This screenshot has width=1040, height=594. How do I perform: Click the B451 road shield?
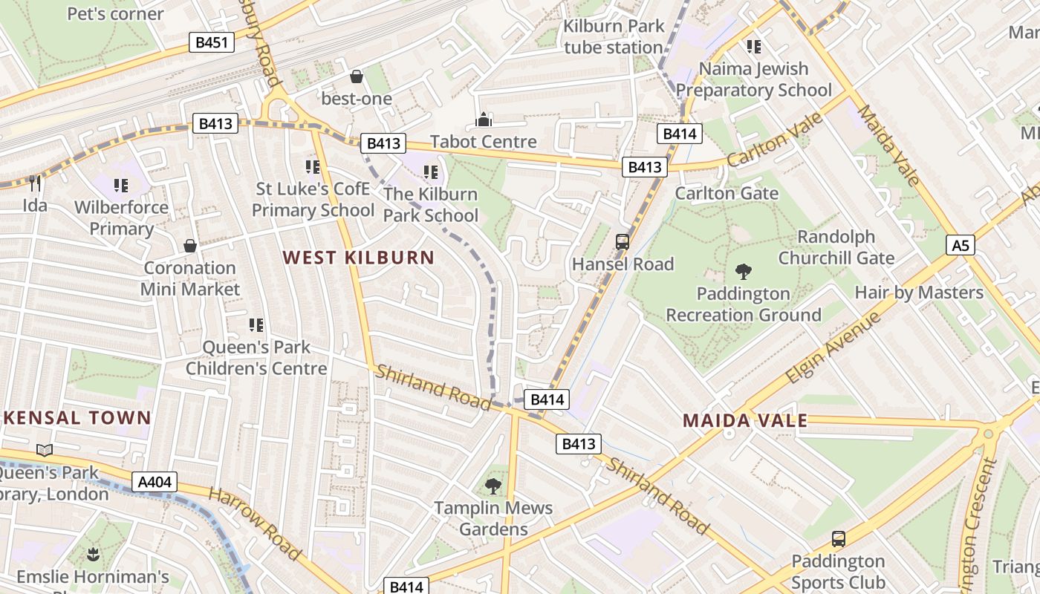[211, 42]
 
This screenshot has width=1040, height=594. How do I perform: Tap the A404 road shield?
[155, 482]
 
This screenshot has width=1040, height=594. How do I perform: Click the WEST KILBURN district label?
[359, 258]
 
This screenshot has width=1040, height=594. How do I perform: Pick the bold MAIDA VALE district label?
[744, 421]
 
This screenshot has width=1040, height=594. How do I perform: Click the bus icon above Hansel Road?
[623, 241]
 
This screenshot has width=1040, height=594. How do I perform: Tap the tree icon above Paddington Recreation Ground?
[742, 272]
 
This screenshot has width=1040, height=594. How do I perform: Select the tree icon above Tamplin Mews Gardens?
[493, 486]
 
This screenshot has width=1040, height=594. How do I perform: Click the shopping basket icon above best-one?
[357, 76]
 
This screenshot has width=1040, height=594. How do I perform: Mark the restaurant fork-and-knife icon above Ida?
[34, 182]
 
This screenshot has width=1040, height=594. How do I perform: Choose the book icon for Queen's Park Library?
[45, 450]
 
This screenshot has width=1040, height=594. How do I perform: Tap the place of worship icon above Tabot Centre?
[484, 119]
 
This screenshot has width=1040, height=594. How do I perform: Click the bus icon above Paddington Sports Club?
[838, 539]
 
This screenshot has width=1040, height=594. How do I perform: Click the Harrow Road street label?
[255, 524]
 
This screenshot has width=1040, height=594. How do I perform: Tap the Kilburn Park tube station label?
[614, 36]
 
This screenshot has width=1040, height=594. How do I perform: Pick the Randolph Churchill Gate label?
[836, 247]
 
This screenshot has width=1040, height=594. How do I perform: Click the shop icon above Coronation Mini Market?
[190, 246]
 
